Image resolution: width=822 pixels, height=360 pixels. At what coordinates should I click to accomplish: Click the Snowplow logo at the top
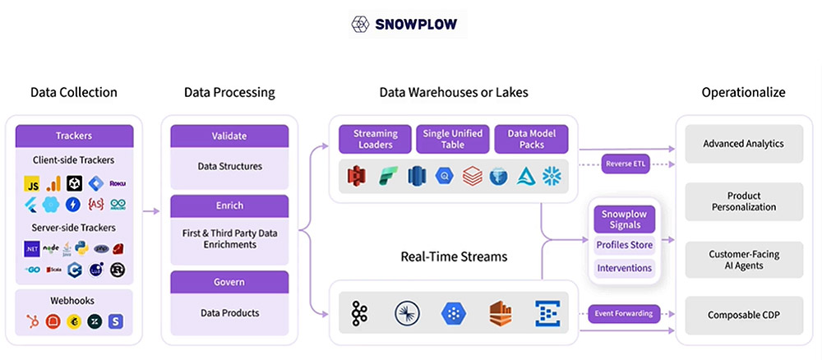pos(406,24)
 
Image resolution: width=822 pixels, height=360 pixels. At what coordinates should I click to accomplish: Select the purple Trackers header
pos(74,136)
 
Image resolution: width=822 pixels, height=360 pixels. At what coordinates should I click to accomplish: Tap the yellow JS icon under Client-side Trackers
pos(31,182)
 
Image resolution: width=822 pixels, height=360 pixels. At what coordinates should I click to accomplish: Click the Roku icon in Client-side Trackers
pos(118,182)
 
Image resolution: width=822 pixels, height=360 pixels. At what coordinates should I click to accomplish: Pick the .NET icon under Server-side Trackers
pos(31,247)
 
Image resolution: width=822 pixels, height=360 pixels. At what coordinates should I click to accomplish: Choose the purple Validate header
pos(229,136)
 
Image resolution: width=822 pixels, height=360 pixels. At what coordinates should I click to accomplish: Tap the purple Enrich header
pos(229,205)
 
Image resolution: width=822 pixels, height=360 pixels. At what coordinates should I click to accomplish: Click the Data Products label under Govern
pos(229,312)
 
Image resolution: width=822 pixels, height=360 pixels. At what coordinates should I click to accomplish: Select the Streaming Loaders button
pos(375,139)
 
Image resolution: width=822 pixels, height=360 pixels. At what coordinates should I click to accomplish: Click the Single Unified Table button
pos(453,139)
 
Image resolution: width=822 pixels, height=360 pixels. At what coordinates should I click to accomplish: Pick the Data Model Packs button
pos(530,139)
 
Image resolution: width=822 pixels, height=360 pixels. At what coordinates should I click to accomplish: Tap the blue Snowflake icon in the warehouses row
pos(552,176)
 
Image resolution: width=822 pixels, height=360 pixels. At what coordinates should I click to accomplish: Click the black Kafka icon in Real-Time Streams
pos(359,313)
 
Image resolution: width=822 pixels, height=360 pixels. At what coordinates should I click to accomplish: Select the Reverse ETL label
pos(627,164)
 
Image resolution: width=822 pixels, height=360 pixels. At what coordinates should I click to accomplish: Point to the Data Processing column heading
pos(229,92)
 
